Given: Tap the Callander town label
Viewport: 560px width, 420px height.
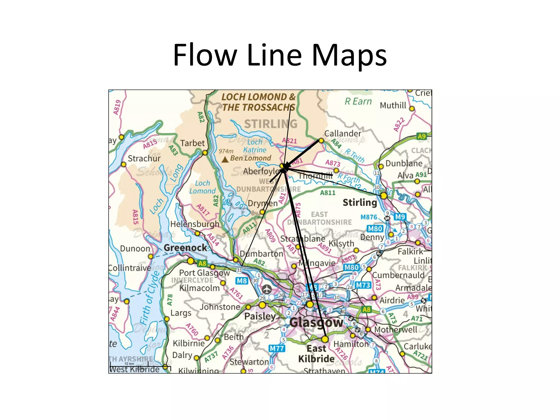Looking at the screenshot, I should tap(343, 133).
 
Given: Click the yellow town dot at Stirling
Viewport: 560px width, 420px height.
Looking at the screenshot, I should tap(384, 196).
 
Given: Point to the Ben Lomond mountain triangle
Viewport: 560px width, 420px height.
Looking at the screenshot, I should tap(225, 159).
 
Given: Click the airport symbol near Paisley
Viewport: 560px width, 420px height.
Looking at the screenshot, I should tap(267, 289).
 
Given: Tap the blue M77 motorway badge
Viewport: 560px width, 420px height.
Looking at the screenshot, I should tap(277, 348).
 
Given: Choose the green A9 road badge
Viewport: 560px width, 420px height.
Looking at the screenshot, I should tap(421, 136).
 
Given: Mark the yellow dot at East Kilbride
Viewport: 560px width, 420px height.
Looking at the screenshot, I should tap(325, 339).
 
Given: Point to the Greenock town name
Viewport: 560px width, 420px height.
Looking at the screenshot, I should tap(185, 248).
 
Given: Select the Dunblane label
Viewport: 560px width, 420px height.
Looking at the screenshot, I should tap(404, 164).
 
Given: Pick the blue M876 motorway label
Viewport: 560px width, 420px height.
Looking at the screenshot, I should tap(369, 217).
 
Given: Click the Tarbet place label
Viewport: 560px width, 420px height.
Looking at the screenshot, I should tap(192, 143).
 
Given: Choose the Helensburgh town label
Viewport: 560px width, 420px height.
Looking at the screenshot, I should tap(195, 224).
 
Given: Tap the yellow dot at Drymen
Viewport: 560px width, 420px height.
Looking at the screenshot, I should tap(262, 212).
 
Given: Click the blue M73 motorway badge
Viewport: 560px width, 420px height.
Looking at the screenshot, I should tap(363, 285).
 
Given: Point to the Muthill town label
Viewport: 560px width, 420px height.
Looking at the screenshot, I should tap(393, 105).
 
